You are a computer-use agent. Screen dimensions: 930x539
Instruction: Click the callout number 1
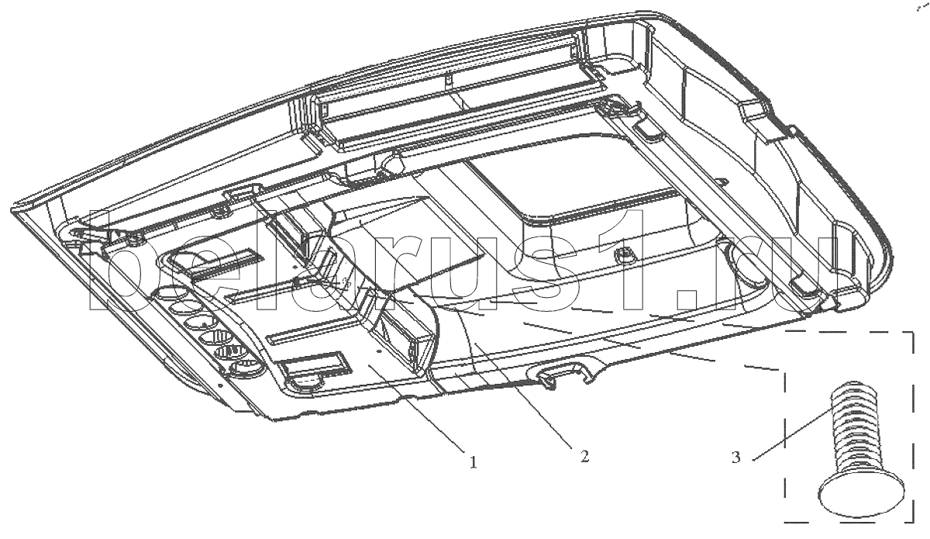[x=473, y=461]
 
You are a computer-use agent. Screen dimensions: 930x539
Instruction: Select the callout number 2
[x=584, y=456]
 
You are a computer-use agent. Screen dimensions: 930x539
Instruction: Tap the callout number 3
[x=735, y=458]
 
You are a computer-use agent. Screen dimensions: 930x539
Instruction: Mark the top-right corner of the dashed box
[x=913, y=332]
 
